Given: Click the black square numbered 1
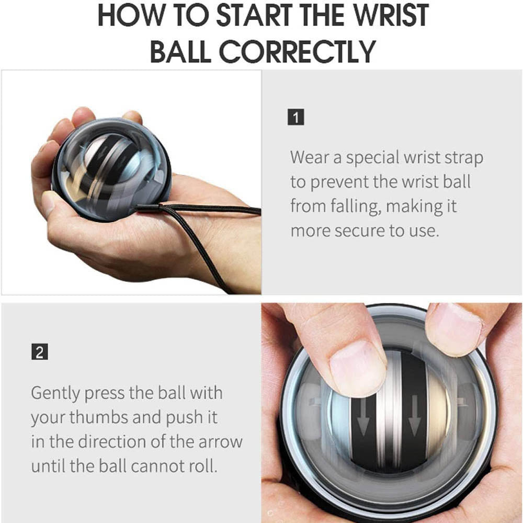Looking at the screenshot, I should tap(296, 117).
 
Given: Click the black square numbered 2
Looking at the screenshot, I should tap(39, 352).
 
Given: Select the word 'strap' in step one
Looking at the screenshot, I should tap(459, 157).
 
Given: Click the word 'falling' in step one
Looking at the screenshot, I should tap(356, 206).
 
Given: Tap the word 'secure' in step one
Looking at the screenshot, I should tap(360, 231).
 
